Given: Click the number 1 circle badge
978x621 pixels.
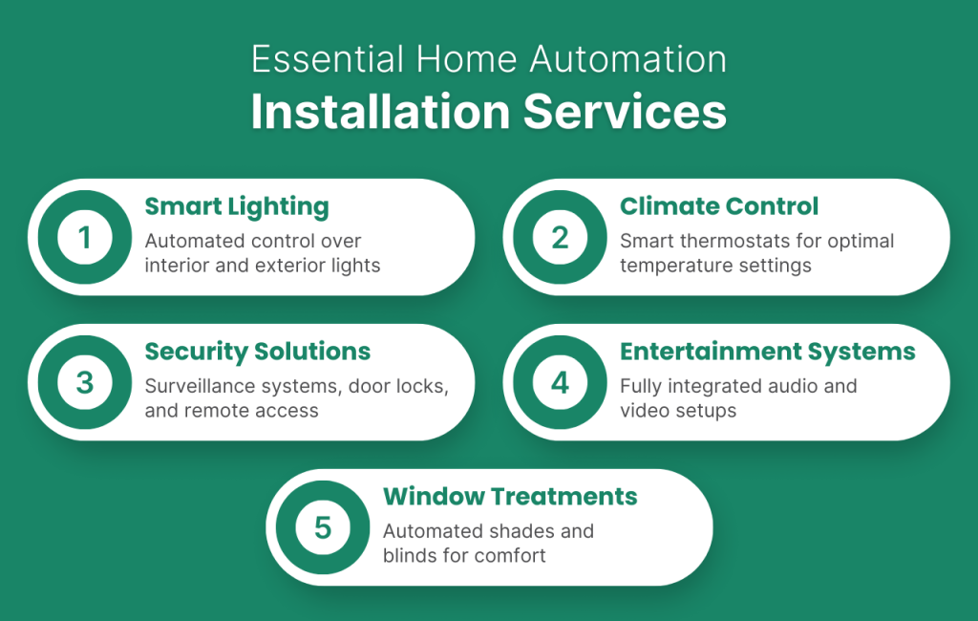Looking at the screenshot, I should [x=85, y=237].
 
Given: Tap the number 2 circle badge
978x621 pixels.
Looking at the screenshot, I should [x=561, y=237].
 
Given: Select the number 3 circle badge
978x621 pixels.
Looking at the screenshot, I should [x=85, y=382].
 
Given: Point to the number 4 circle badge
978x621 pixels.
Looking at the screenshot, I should [x=561, y=382].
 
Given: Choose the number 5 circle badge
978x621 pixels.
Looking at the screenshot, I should [x=323, y=527].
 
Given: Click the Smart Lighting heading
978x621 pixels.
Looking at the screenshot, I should [x=236, y=206].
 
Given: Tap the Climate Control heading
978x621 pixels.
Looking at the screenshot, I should [x=718, y=206].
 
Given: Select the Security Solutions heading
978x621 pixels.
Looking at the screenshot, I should [x=257, y=352].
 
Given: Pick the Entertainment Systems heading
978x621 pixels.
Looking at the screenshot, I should [x=767, y=352].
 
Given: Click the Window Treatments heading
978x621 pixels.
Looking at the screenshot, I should [x=509, y=497].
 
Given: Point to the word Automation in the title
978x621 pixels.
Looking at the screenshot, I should [x=628, y=61].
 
